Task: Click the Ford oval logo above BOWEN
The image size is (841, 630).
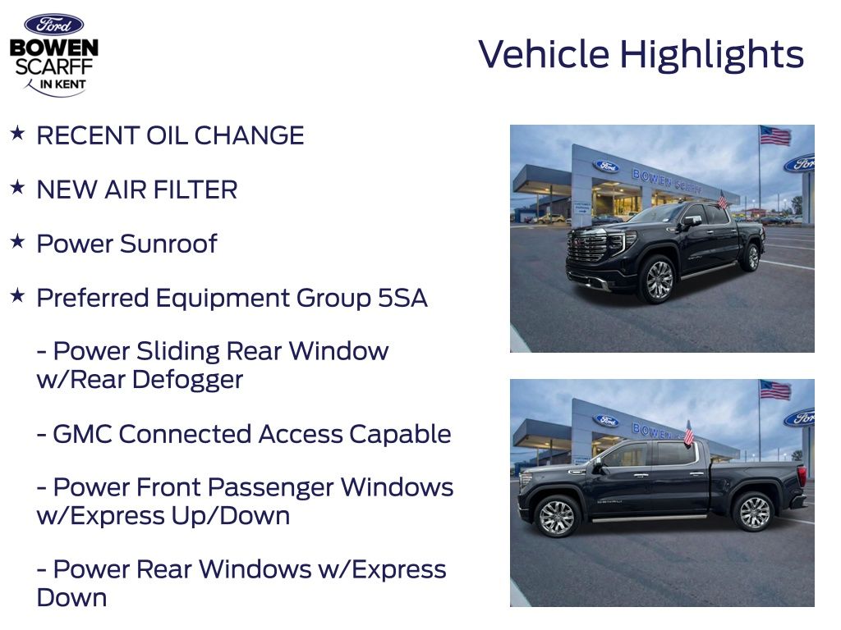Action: (53, 25)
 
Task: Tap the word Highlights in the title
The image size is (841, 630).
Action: (711, 54)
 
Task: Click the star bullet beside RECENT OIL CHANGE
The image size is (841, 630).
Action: (17, 133)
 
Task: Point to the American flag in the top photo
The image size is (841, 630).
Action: (774, 135)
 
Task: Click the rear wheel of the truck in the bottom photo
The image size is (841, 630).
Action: (754, 512)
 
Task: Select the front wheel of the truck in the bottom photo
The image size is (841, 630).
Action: (556, 516)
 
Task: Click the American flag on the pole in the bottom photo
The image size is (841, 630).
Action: (774, 390)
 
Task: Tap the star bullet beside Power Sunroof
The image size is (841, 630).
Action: (17, 241)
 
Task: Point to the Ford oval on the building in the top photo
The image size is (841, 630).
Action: (606, 167)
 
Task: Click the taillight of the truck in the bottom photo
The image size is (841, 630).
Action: (801, 476)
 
